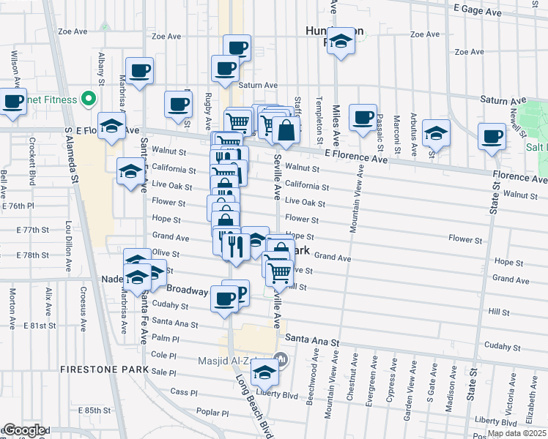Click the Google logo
tap(23, 431)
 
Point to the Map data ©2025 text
tap(516, 433)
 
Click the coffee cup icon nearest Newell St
tap(492, 136)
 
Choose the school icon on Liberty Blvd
tap(264, 374)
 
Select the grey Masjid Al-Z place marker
tap(279, 360)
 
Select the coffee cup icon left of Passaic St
tap(363, 118)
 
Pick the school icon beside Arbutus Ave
tap(436, 132)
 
